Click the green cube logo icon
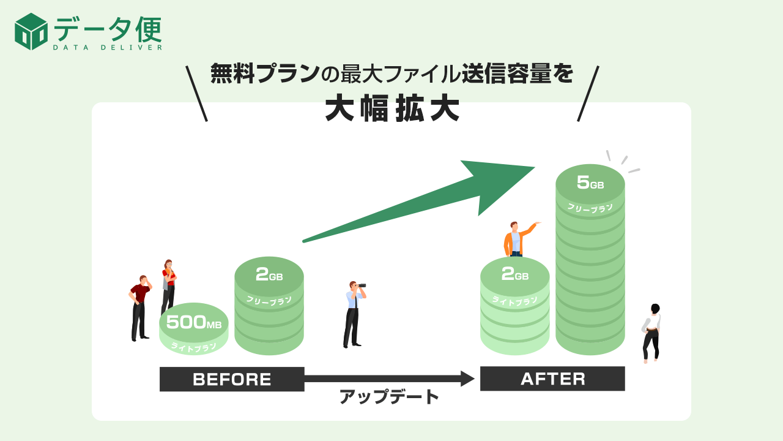[31, 31]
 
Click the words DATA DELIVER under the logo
[107, 47]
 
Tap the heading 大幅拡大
[391, 109]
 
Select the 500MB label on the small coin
[193, 322]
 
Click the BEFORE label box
[232, 379]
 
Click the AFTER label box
[552, 379]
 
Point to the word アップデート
[390, 397]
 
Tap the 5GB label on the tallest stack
[590, 183]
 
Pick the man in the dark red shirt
[140, 306]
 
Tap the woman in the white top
[652, 332]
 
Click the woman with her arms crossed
[168, 285]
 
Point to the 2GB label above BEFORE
[269, 275]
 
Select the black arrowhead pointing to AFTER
[467, 379]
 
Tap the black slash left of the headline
[196, 93]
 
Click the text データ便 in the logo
[107, 28]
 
